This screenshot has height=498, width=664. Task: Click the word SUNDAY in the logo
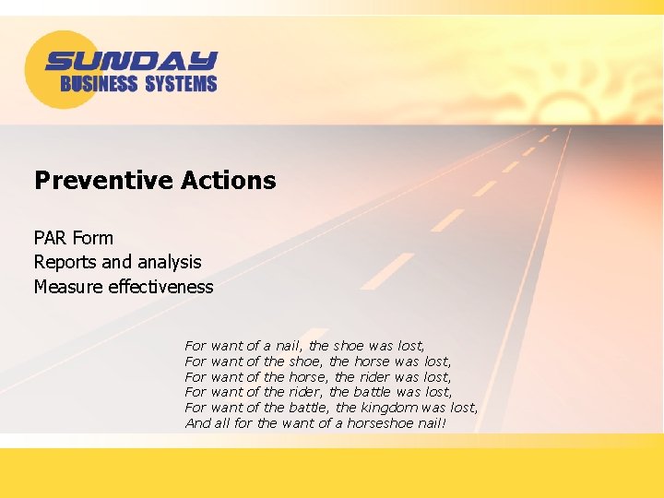pyautogui.click(x=131, y=62)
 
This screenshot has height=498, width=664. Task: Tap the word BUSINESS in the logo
pyautogui.click(x=99, y=84)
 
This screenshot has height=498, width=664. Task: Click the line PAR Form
pyautogui.click(x=74, y=237)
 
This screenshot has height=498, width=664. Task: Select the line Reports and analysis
pyautogui.click(x=117, y=262)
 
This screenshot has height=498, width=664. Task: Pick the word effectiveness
pyautogui.click(x=160, y=287)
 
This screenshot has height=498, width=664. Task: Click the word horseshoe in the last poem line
pyautogui.click(x=379, y=423)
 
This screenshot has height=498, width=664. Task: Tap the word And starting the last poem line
pyautogui.click(x=197, y=423)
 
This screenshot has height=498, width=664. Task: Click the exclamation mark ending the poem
pyautogui.click(x=444, y=423)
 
